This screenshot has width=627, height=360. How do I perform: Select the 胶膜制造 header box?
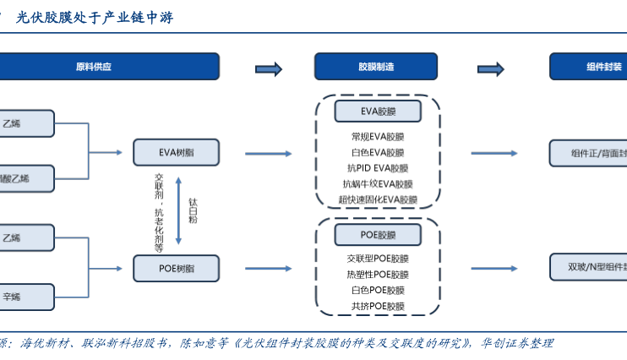pos(376,67)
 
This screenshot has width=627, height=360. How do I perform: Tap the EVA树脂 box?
pos(176,153)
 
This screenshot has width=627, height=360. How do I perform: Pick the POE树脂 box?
pos(176,268)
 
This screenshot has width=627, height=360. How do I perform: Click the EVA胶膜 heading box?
pos(378,111)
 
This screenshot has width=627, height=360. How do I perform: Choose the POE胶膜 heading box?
pos(378,234)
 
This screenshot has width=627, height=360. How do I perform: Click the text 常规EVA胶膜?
pos(378,137)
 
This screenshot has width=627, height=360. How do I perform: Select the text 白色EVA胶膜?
pos(378,153)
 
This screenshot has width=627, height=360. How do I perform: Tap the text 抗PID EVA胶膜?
pos(378,168)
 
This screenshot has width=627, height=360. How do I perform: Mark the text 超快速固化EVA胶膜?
pos(378,200)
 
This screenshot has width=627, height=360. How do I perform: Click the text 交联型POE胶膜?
pos(378,259)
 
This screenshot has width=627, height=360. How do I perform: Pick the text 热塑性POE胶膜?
pos(378,275)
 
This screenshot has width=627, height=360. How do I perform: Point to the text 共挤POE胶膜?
pos(378,306)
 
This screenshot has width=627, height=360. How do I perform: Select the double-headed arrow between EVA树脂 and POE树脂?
pos(178,210)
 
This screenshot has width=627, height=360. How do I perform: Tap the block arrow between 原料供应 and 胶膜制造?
pos(268,68)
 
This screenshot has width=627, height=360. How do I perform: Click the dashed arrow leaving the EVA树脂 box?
pos(269,154)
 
